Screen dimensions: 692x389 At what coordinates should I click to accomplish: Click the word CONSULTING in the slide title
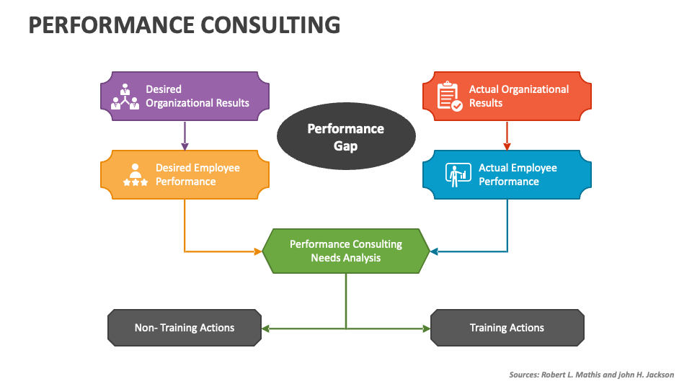coord(270,25)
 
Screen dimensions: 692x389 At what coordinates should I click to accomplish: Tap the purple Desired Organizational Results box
coord(185,96)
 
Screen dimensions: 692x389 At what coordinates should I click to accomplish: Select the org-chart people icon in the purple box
coord(125,97)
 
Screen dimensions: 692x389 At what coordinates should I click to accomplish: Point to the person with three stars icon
coord(136,174)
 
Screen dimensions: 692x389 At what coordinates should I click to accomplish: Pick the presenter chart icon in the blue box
coord(458,174)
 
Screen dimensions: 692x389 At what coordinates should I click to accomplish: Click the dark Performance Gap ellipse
coord(346,136)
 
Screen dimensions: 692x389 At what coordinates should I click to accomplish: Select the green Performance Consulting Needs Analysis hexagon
coord(346,251)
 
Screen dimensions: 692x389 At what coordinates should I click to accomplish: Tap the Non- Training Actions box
coord(185,328)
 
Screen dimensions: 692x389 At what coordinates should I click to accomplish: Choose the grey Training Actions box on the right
coord(507,328)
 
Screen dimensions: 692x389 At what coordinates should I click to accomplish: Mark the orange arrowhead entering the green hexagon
coord(258,251)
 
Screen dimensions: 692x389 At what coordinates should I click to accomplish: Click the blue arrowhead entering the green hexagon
coord(434,251)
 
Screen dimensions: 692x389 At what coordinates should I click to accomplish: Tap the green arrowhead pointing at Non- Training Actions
coord(265,328)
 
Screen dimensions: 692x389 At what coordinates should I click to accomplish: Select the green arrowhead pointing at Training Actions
coord(426,328)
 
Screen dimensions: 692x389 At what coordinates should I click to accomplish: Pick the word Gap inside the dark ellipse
coord(345,146)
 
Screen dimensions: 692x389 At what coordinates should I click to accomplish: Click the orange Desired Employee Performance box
coord(185,174)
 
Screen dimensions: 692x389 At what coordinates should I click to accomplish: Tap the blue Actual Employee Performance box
coord(507,174)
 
